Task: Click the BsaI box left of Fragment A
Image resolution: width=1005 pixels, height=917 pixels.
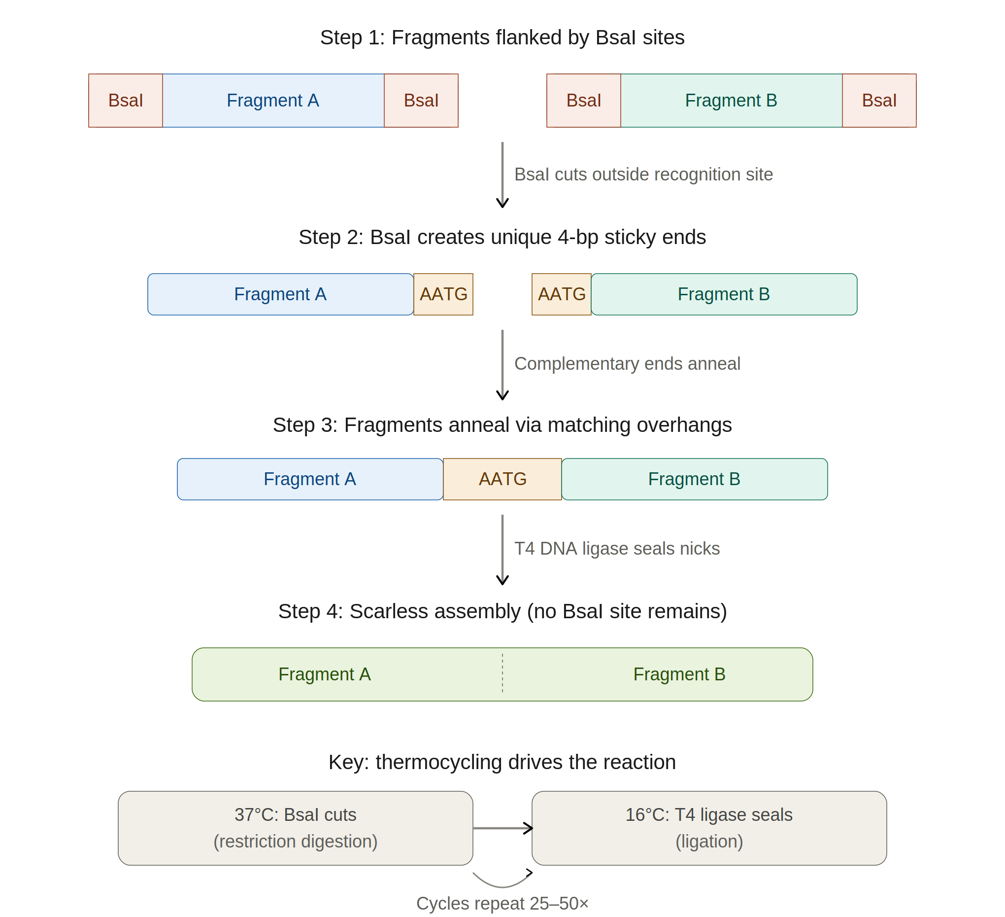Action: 126,101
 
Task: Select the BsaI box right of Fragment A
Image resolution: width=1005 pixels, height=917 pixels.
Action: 421,101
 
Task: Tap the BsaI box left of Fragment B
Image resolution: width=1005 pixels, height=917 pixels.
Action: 584,101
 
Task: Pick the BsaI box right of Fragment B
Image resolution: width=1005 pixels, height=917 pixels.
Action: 879,101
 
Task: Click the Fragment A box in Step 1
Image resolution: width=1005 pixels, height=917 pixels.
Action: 273,101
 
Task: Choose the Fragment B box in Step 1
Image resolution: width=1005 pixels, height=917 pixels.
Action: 731,101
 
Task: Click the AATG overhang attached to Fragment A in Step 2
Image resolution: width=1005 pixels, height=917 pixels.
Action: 443,294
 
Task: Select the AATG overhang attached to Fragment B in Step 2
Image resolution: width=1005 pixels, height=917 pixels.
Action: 562,294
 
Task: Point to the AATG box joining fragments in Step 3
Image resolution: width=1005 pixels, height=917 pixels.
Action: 502,479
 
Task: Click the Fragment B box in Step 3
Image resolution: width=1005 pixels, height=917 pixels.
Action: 695,479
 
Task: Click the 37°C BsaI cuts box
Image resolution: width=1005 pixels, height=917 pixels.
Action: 296,828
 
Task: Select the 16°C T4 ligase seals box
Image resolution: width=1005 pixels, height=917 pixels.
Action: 709,828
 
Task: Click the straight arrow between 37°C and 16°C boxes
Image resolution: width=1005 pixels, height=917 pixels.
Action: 503,828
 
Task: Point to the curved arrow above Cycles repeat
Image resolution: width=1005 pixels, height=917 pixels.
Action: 502,886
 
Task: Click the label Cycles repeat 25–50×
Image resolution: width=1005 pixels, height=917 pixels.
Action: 502,904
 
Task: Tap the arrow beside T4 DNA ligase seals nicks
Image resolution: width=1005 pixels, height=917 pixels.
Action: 502,550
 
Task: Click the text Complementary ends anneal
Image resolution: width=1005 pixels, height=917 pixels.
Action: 627,364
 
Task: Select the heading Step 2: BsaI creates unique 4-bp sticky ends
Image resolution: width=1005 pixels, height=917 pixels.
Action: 502,237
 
